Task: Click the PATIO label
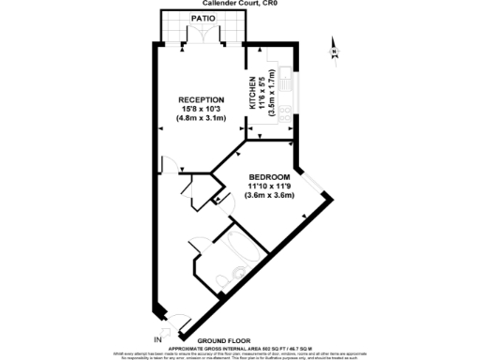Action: coord(199,18)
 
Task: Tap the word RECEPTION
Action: coord(202,99)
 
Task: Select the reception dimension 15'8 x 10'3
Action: coord(202,109)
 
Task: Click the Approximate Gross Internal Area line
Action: coord(242,345)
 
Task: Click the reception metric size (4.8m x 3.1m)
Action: coord(202,119)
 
